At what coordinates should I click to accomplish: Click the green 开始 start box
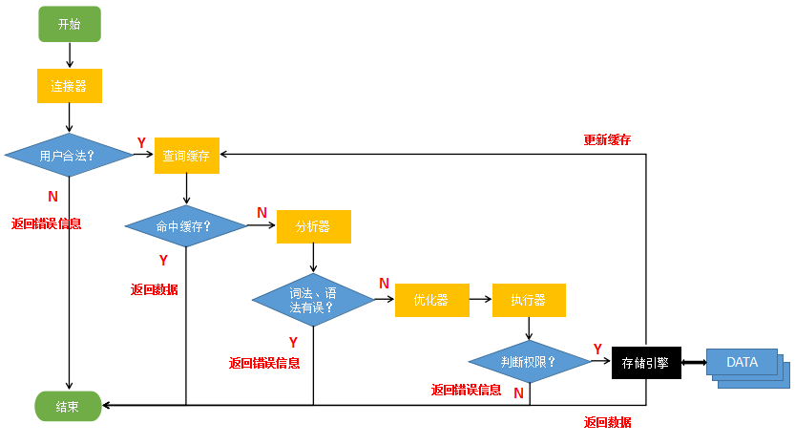[69, 25]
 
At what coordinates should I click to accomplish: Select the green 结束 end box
[68, 406]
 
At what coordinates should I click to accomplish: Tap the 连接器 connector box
[69, 86]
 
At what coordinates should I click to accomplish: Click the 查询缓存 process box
[187, 156]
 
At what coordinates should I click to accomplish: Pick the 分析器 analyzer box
[313, 226]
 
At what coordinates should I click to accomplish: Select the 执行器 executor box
[529, 300]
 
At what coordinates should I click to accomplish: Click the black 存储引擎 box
[646, 362]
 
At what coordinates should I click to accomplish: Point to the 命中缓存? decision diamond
[186, 226]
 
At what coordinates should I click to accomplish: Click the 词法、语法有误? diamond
[313, 300]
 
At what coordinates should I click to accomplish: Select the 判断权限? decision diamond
[530, 362]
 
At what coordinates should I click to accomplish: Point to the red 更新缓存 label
[607, 139]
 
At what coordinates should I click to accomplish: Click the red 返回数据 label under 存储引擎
[607, 422]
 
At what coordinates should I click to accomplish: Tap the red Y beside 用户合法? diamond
[141, 143]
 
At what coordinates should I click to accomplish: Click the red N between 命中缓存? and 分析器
[262, 212]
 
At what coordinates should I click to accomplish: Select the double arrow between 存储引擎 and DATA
[694, 362]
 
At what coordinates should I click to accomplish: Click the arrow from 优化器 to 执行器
[482, 300]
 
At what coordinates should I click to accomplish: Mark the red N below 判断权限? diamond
[518, 392]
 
